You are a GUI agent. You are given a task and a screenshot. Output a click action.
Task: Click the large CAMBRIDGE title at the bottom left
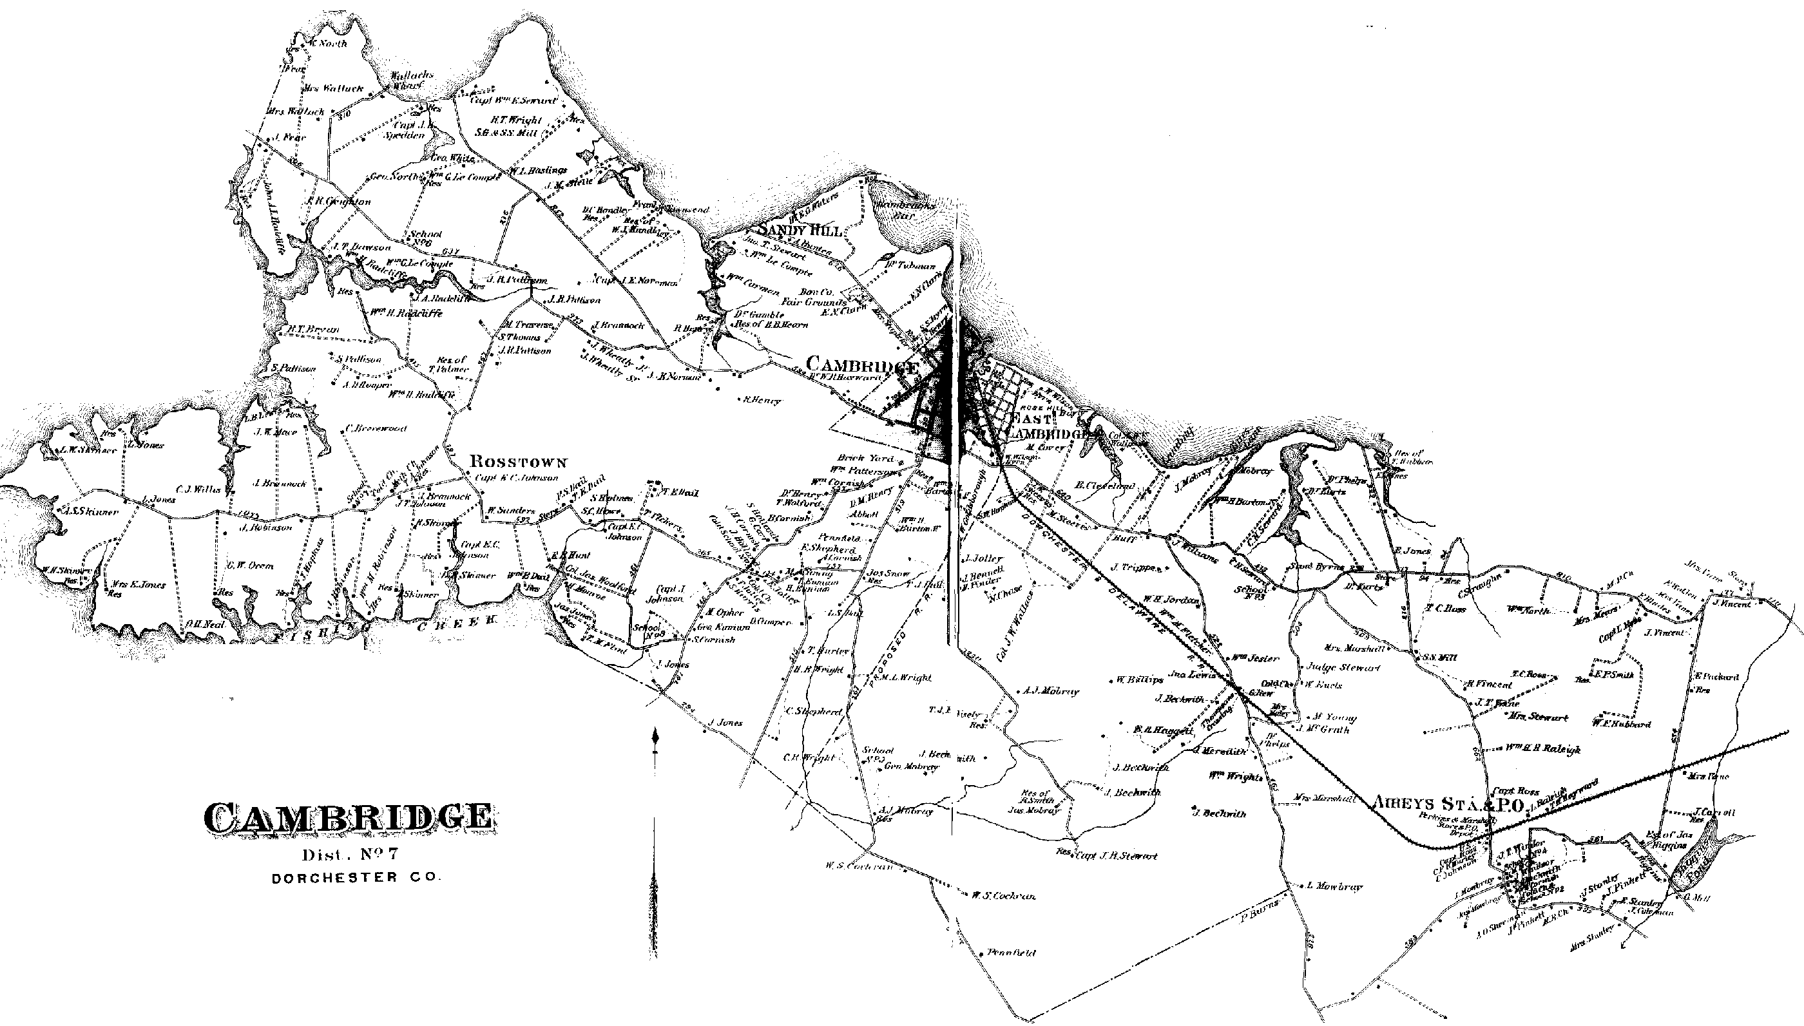[348, 817]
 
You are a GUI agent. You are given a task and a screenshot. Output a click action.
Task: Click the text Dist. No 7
[350, 855]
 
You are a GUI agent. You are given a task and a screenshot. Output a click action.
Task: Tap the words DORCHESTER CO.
[356, 879]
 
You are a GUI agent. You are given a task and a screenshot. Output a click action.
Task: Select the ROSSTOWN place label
[518, 462]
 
